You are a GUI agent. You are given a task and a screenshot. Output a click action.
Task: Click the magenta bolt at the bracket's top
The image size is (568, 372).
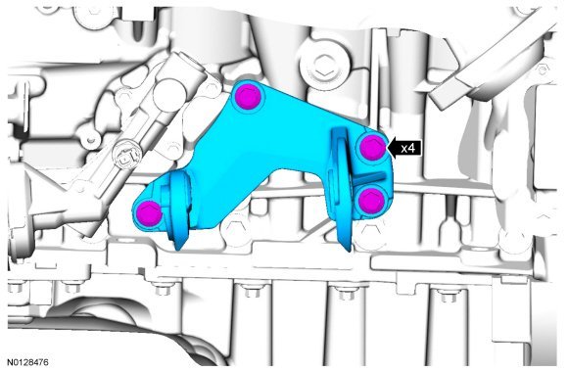tap(248, 96)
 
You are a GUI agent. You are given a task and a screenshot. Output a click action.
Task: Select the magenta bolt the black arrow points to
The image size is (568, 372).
tap(372, 147)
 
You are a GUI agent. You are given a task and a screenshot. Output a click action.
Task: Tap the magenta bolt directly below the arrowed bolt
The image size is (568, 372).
tap(371, 201)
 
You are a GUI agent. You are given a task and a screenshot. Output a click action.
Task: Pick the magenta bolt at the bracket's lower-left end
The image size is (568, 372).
tap(149, 213)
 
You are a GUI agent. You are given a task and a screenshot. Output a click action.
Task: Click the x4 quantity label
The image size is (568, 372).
tap(407, 148)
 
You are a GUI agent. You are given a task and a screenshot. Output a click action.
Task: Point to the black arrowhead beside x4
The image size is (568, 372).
tap(392, 148)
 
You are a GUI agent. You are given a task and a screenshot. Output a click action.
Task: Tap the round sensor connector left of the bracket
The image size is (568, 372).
tap(125, 157)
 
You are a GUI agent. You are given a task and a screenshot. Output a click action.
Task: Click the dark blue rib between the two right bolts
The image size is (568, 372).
tap(369, 177)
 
